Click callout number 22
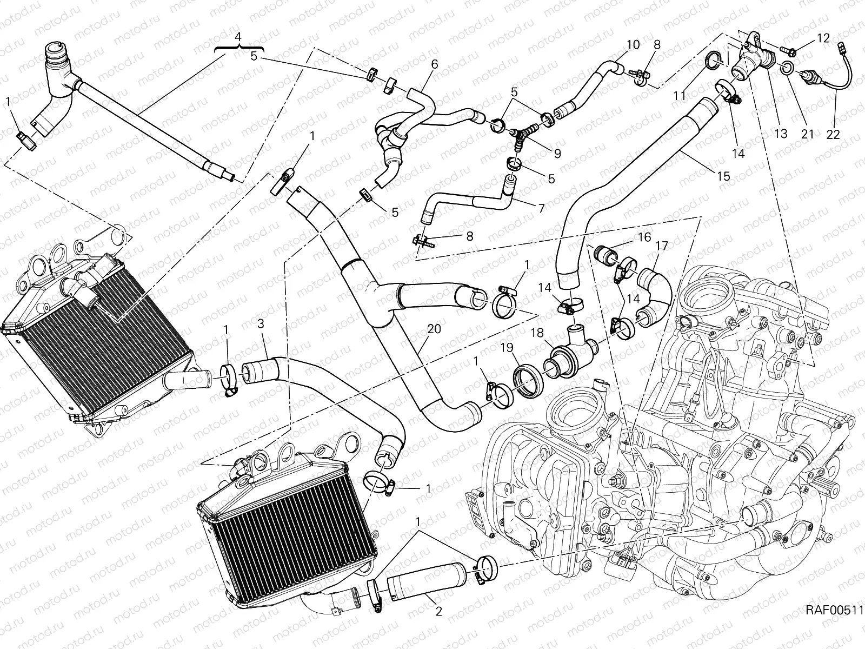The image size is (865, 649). click(x=833, y=134)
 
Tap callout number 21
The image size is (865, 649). click(x=807, y=134)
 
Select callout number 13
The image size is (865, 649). click(x=781, y=134)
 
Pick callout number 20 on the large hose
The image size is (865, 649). click(x=434, y=329)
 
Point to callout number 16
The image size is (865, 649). click(x=644, y=237)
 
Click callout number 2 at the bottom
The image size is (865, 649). click(x=438, y=612)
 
